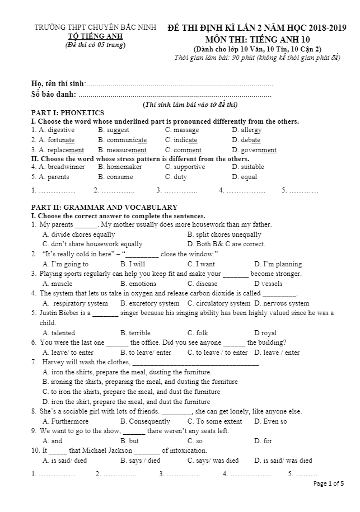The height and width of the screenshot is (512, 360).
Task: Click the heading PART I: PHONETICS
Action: (x=68, y=112)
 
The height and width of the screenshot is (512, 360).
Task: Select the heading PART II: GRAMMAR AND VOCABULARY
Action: (x=104, y=207)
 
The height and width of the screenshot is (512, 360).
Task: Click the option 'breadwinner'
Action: (x=66, y=167)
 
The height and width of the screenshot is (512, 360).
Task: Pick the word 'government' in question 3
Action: (x=258, y=150)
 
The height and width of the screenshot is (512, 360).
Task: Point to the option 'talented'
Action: (x=63, y=333)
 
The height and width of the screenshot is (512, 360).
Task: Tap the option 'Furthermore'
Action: (x=69, y=421)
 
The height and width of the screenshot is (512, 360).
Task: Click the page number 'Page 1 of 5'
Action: (x=329, y=483)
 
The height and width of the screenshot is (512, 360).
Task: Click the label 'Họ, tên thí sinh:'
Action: (x=58, y=84)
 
